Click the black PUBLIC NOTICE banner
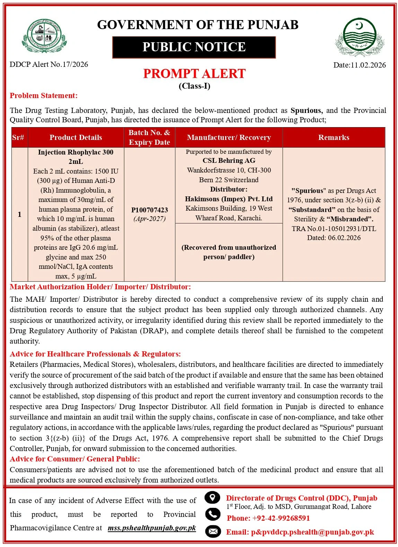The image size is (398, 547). click(194, 47)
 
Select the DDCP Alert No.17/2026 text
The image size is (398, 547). click(49, 64)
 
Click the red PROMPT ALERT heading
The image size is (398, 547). click(194, 74)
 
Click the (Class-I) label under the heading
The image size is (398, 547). click(194, 86)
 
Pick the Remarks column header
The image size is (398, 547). click(334, 138)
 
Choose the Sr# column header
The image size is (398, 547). click(18, 138)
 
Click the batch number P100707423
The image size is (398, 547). click(149, 210)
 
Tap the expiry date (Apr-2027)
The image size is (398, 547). click(149, 219)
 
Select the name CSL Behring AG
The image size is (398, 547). click(229, 160)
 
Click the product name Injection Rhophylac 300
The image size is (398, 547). click(76, 152)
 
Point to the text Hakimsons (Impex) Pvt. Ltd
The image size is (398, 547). click(229, 199)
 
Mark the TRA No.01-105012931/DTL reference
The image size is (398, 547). click(334, 228)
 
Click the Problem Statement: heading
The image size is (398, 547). click(44, 96)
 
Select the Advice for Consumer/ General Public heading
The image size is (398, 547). click(75, 459)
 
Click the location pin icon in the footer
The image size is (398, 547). click(212, 497)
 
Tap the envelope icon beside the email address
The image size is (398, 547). click(212, 531)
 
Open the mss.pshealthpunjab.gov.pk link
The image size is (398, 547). click(152, 528)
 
